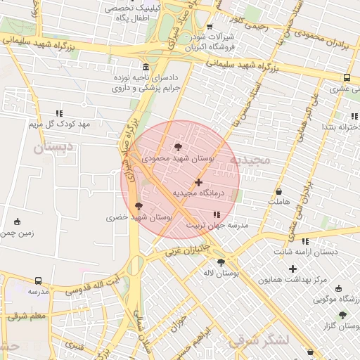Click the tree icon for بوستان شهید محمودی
[176, 147]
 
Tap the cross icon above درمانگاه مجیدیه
[198, 182]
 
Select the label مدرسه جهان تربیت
[217, 226]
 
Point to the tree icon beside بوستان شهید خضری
[137, 206]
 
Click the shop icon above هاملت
[278, 191]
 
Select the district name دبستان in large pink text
[53, 148]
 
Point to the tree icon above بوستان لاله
[221, 262]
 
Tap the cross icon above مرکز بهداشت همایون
[292, 269]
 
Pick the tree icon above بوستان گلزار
[342, 316]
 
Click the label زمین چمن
[18, 233]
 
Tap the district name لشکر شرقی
[259, 340]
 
